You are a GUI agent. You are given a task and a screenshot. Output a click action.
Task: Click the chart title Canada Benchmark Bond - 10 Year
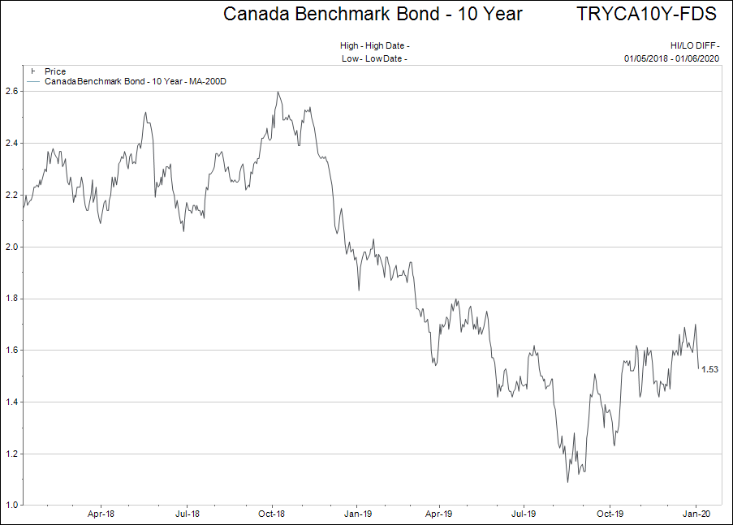(373, 15)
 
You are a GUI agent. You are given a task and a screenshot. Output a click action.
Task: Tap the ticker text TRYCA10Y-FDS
(649, 15)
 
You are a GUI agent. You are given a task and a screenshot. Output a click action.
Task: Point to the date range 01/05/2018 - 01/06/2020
(672, 58)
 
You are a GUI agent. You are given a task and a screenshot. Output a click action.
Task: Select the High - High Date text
(374, 46)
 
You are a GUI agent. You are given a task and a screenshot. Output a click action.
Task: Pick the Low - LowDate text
(374, 58)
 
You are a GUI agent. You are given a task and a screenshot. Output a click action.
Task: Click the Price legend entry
(55, 71)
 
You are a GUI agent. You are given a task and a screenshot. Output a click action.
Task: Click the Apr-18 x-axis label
(100, 514)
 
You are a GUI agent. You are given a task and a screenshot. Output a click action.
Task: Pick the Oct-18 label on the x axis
(271, 514)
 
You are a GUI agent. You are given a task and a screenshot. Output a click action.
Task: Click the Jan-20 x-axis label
(696, 514)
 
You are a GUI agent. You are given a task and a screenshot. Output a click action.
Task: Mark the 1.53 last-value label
(710, 370)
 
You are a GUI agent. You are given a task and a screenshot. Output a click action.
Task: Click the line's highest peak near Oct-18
(278, 92)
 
